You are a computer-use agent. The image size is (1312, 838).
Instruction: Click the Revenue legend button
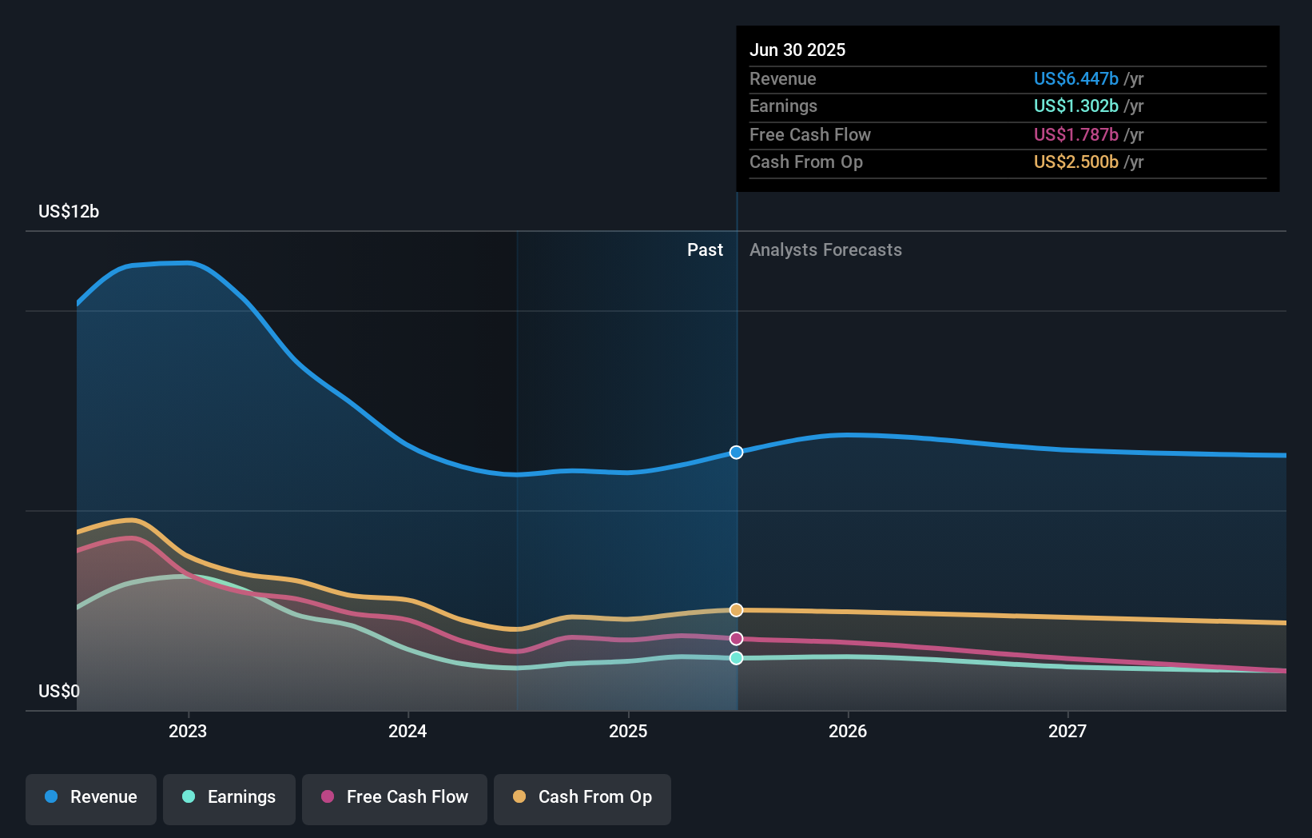pos(91,797)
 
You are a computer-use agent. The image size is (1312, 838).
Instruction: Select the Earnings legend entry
pos(229,797)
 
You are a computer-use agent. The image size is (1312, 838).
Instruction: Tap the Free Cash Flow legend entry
pos(395,797)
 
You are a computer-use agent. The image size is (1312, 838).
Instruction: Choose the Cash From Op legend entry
pos(582,797)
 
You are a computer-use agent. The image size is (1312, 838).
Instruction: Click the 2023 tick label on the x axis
pos(188,732)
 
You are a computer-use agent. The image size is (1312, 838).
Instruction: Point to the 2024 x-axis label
pos(408,732)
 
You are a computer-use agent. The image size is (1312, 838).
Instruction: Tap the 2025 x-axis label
pos(628,732)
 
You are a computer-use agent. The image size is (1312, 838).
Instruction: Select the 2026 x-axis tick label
pos(848,732)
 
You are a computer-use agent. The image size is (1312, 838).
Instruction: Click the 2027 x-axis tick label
pos(1067,732)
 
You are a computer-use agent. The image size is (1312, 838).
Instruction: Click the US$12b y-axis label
pos(69,212)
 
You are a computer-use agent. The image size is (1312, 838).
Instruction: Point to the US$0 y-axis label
pos(59,692)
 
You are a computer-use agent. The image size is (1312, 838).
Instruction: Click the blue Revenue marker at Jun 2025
pos(737,453)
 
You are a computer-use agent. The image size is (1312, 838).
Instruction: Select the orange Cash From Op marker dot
pos(737,610)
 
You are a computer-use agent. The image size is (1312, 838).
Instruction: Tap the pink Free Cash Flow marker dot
pos(737,639)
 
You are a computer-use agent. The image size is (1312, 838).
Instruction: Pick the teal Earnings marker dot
pos(737,658)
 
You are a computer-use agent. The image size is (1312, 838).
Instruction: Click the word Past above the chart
pos(705,250)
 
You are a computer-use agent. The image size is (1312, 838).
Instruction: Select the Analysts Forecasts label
pos(825,250)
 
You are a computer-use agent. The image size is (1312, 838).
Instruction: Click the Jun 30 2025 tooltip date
pos(797,50)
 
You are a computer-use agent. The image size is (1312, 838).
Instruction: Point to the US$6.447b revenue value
pos(1075,79)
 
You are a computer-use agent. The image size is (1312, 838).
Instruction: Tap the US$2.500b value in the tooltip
pos(1075,162)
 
